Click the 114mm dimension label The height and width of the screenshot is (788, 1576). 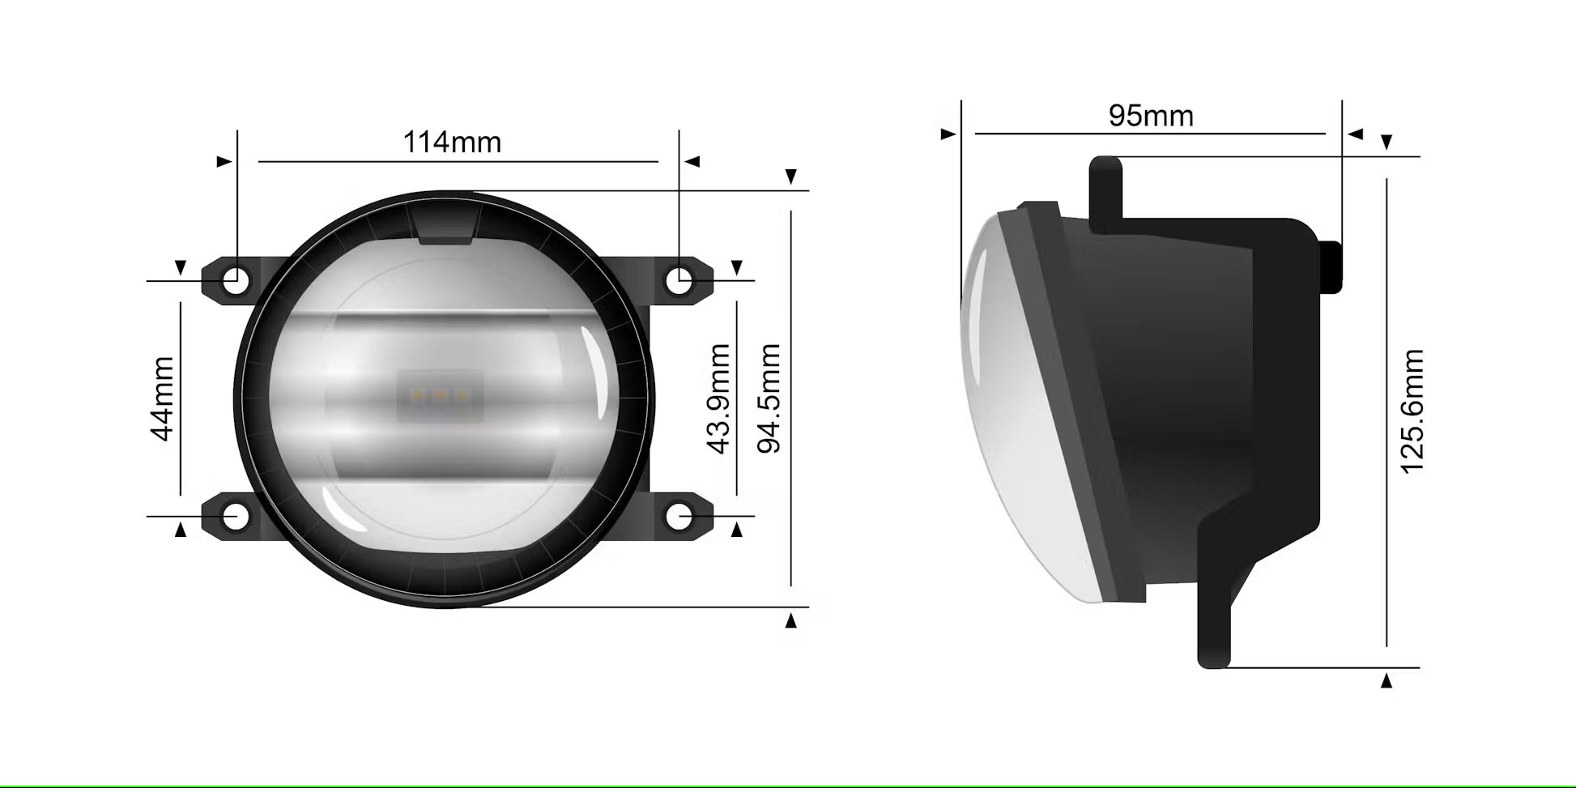[x=452, y=143]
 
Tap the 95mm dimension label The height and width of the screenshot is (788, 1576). [x=1151, y=116]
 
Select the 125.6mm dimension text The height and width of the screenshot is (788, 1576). [x=1412, y=411]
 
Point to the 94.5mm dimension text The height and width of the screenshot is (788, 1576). [x=769, y=398]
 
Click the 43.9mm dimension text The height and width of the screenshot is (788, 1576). [x=719, y=398]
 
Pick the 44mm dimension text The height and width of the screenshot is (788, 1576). [x=163, y=398]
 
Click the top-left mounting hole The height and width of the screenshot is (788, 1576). [x=236, y=281]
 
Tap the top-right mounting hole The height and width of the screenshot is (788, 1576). [x=679, y=281]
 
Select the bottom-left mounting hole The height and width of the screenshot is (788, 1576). [x=236, y=516]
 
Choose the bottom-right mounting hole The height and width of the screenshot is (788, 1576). [x=679, y=516]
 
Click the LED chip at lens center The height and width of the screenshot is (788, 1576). [x=440, y=396]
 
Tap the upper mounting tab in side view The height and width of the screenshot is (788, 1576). [x=1105, y=192]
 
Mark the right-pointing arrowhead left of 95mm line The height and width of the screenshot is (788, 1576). [x=948, y=134]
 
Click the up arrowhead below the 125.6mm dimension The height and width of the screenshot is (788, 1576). [x=1386, y=680]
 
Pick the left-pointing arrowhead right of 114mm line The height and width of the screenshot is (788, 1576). [x=692, y=162]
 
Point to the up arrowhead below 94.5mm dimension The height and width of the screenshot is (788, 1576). [x=791, y=620]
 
